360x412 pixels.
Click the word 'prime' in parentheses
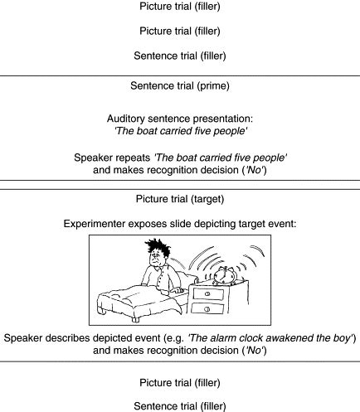coord(213,86)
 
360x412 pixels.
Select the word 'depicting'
coord(212,224)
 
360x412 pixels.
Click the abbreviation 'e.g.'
coord(175,338)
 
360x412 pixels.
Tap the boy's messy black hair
coord(158,247)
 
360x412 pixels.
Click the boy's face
coord(156,258)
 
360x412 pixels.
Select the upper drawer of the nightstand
coord(208,294)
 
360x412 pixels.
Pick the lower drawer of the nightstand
coord(207,308)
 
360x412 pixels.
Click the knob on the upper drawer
coord(208,294)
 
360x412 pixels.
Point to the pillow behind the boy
coord(185,280)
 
